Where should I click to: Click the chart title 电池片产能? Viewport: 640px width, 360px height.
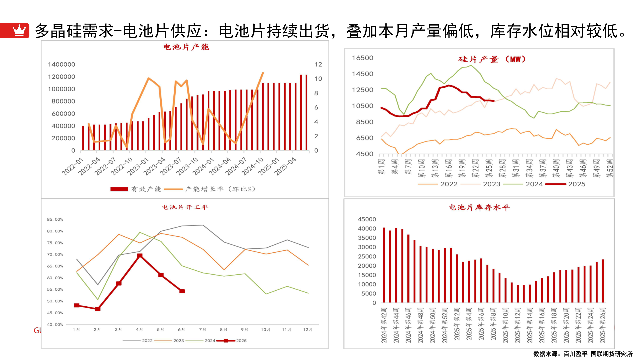pyautogui.click(x=186, y=47)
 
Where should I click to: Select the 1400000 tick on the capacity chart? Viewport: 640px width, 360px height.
pyautogui.click(x=61, y=64)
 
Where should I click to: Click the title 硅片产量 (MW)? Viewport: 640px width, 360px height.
pyautogui.click(x=492, y=59)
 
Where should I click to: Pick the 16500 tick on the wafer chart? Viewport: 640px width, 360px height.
pyautogui.click(x=362, y=58)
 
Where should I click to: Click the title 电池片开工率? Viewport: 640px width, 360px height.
pyautogui.click(x=185, y=207)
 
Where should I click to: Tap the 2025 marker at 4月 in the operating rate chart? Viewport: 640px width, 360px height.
pyautogui.click(x=140, y=256)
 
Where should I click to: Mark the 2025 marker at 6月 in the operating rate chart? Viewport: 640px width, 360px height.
pyautogui.click(x=182, y=291)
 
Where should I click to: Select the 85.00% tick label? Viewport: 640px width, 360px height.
pyautogui.click(x=55, y=219)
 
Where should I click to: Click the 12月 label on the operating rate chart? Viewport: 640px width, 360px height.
pyautogui.click(x=308, y=329)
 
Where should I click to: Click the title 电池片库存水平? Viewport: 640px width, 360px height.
pyautogui.click(x=479, y=208)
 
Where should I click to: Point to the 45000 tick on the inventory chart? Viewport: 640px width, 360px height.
pyautogui.click(x=367, y=219)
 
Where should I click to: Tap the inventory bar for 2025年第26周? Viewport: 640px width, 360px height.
pyautogui.click(x=603, y=281)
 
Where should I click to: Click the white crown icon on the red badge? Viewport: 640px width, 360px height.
pyautogui.click(x=19, y=30)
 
